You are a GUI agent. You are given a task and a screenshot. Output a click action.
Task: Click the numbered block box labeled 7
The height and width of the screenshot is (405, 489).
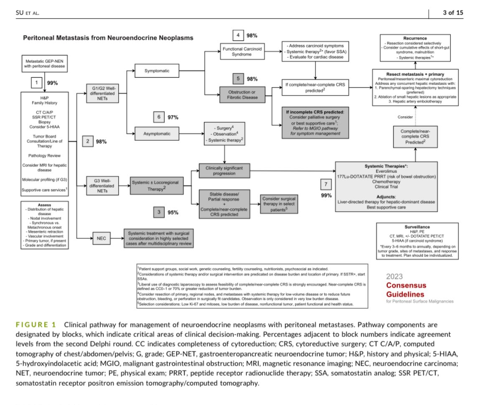pyautogui.click(x=326, y=184)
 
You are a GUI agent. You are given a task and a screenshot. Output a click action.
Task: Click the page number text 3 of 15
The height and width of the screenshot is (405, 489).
pyautogui.click(x=453, y=13)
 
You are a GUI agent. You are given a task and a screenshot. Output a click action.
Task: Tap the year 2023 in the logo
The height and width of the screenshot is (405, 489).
pyautogui.click(x=395, y=276)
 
